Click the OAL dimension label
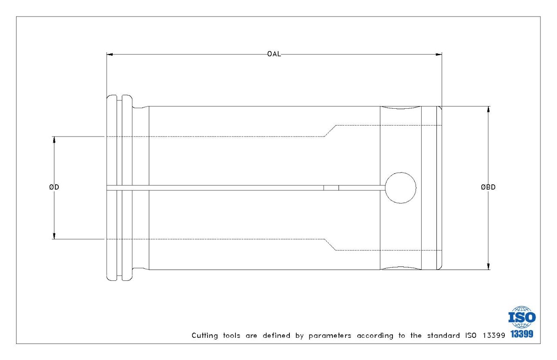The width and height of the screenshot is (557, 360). (x=274, y=54)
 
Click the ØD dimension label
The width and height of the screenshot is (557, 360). (x=54, y=187)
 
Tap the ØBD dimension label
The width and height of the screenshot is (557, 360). (x=488, y=187)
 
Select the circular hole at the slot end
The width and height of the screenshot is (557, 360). (x=400, y=188)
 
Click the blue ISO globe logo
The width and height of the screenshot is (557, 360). (x=522, y=317)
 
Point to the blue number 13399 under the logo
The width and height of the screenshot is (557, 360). (x=522, y=334)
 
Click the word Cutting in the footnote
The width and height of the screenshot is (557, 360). (x=205, y=336)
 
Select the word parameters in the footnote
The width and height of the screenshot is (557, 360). (x=330, y=336)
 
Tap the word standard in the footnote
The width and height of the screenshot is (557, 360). (x=443, y=336)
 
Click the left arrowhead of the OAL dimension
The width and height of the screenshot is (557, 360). (x=110, y=54)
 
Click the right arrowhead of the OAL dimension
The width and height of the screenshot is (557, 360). (x=439, y=54)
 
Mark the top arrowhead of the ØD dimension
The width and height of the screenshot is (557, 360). (x=54, y=140)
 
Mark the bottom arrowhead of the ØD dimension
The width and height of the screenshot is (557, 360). (x=54, y=236)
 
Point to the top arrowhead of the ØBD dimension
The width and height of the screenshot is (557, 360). (x=488, y=110)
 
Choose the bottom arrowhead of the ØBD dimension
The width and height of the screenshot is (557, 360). (x=488, y=267)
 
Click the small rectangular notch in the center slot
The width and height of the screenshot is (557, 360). (x=331, y=188)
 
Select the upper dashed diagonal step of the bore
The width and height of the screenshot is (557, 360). (x=330, y=131)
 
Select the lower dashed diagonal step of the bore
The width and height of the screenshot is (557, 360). (x=330, y=245)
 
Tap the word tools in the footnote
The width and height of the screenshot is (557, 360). (x=232, y=336)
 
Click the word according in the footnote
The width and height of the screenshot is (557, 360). (x=375, y=336)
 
